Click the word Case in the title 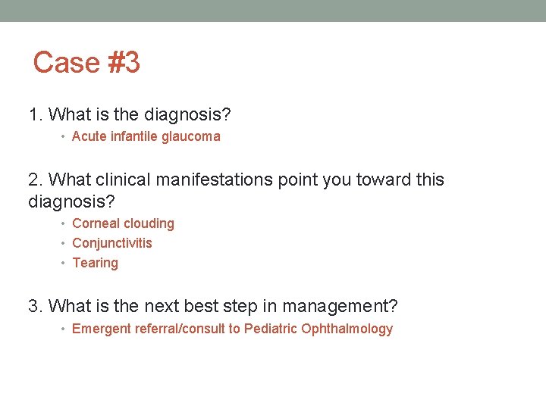(x=67, y=62)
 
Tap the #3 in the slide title (x=124, y=62)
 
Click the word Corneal (x=96, y=223)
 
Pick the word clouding (x=149, y=223)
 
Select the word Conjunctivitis (x=112, y=243)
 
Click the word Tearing (x=95, y=263)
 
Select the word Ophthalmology (x=347, y=329)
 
